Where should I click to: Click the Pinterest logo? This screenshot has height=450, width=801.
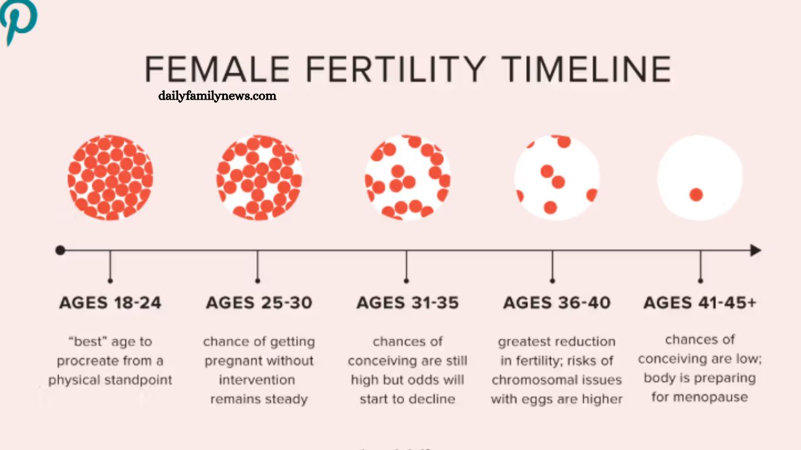pos(18,20)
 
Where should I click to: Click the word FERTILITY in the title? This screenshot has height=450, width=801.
pos(396,69)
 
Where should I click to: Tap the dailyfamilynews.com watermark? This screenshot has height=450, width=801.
pos(217,96)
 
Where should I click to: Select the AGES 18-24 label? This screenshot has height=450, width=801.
pos(110,303)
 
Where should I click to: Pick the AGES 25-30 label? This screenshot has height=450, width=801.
pos(259,303)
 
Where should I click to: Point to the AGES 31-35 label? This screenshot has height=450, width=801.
pos(408,303)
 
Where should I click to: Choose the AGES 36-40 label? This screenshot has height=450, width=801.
pos(556,303)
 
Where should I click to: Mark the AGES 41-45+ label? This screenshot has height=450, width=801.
pos(700,303)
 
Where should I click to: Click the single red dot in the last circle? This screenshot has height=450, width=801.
pos(696,195)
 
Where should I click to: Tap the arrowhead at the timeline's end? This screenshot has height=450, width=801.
pos(756,250)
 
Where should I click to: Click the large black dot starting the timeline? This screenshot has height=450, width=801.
pos(60,250)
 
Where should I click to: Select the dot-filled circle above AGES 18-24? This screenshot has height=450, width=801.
pos(110,178)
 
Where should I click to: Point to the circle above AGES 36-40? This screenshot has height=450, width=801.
pos(556,178)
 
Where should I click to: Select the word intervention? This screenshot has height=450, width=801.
pos(257,380)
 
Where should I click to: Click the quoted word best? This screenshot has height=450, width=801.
pos(87,342)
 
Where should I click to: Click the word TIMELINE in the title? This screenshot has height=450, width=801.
pos(586,69)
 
